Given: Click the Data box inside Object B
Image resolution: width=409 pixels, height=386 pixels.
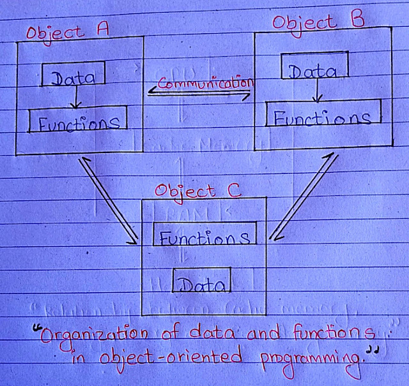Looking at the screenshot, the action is point(313,70).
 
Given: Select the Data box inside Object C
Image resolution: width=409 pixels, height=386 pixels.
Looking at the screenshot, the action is point(201,283).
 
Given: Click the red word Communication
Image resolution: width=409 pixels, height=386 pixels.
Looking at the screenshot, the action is point(202,83).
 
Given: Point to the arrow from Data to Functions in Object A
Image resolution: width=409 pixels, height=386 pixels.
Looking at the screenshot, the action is point(75,98).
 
